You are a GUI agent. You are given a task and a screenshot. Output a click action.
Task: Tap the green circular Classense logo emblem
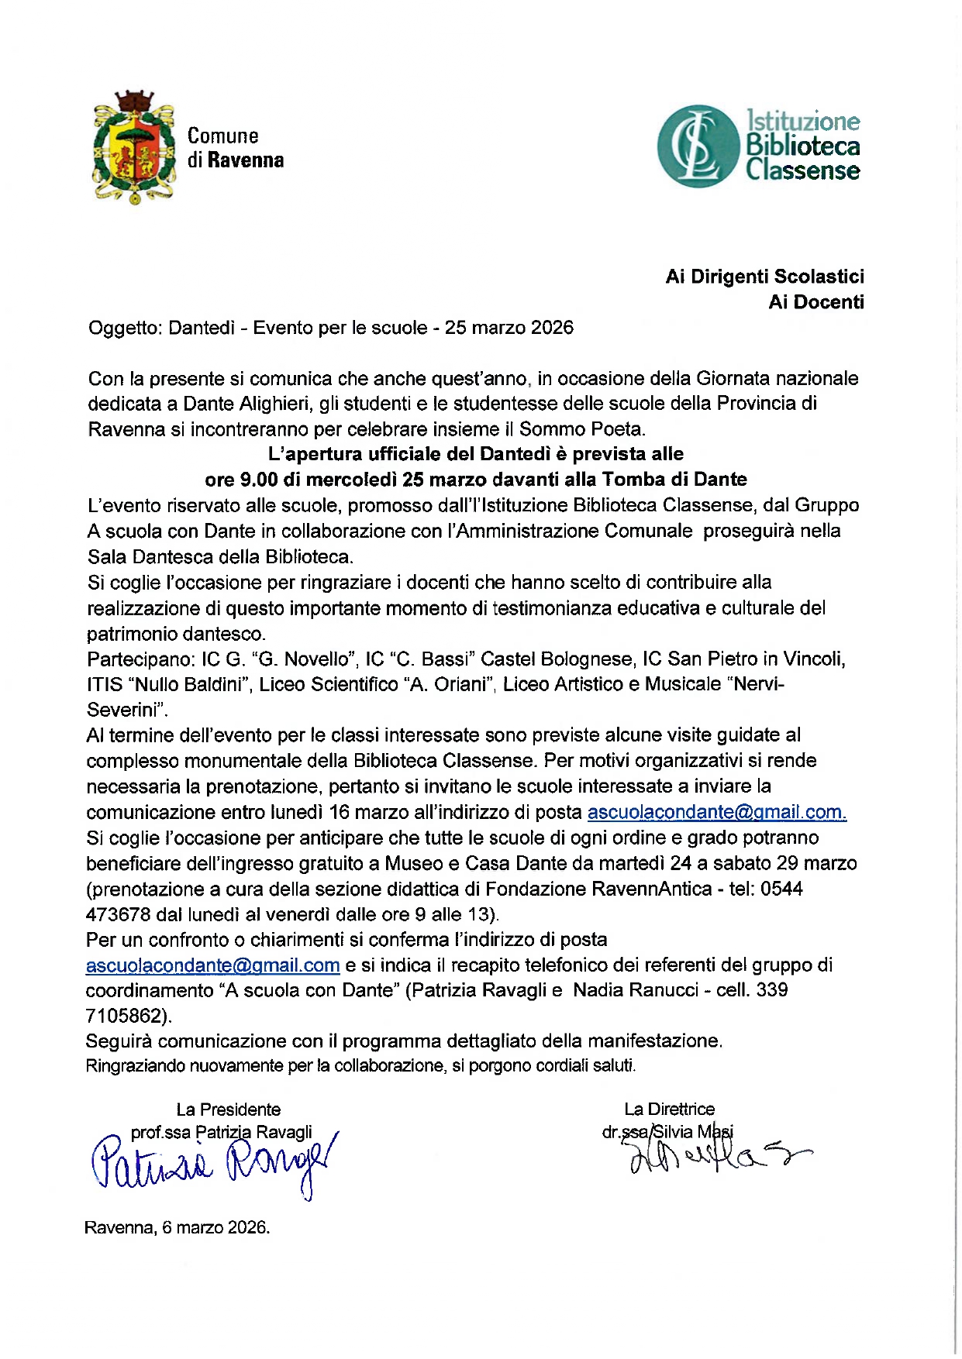coord(697,146)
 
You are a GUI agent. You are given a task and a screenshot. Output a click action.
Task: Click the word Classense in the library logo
coord(802,171)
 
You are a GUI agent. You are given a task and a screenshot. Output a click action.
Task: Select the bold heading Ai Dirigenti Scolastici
coord(764,277)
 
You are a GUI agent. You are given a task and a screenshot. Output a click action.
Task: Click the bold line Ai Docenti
coord(815,302)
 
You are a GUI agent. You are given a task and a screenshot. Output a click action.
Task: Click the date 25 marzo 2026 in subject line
coord(509,328)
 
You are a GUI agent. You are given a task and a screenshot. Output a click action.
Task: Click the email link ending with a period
coord(716,812)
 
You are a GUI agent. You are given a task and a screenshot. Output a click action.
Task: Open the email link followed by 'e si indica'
coord(212,965)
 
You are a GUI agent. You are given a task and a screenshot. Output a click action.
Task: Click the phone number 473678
coord(118,914)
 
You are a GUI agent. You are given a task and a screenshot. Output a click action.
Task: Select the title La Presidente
coord(228,1110)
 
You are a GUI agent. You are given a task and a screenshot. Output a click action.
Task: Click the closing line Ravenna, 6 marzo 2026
coord(177,1228)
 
